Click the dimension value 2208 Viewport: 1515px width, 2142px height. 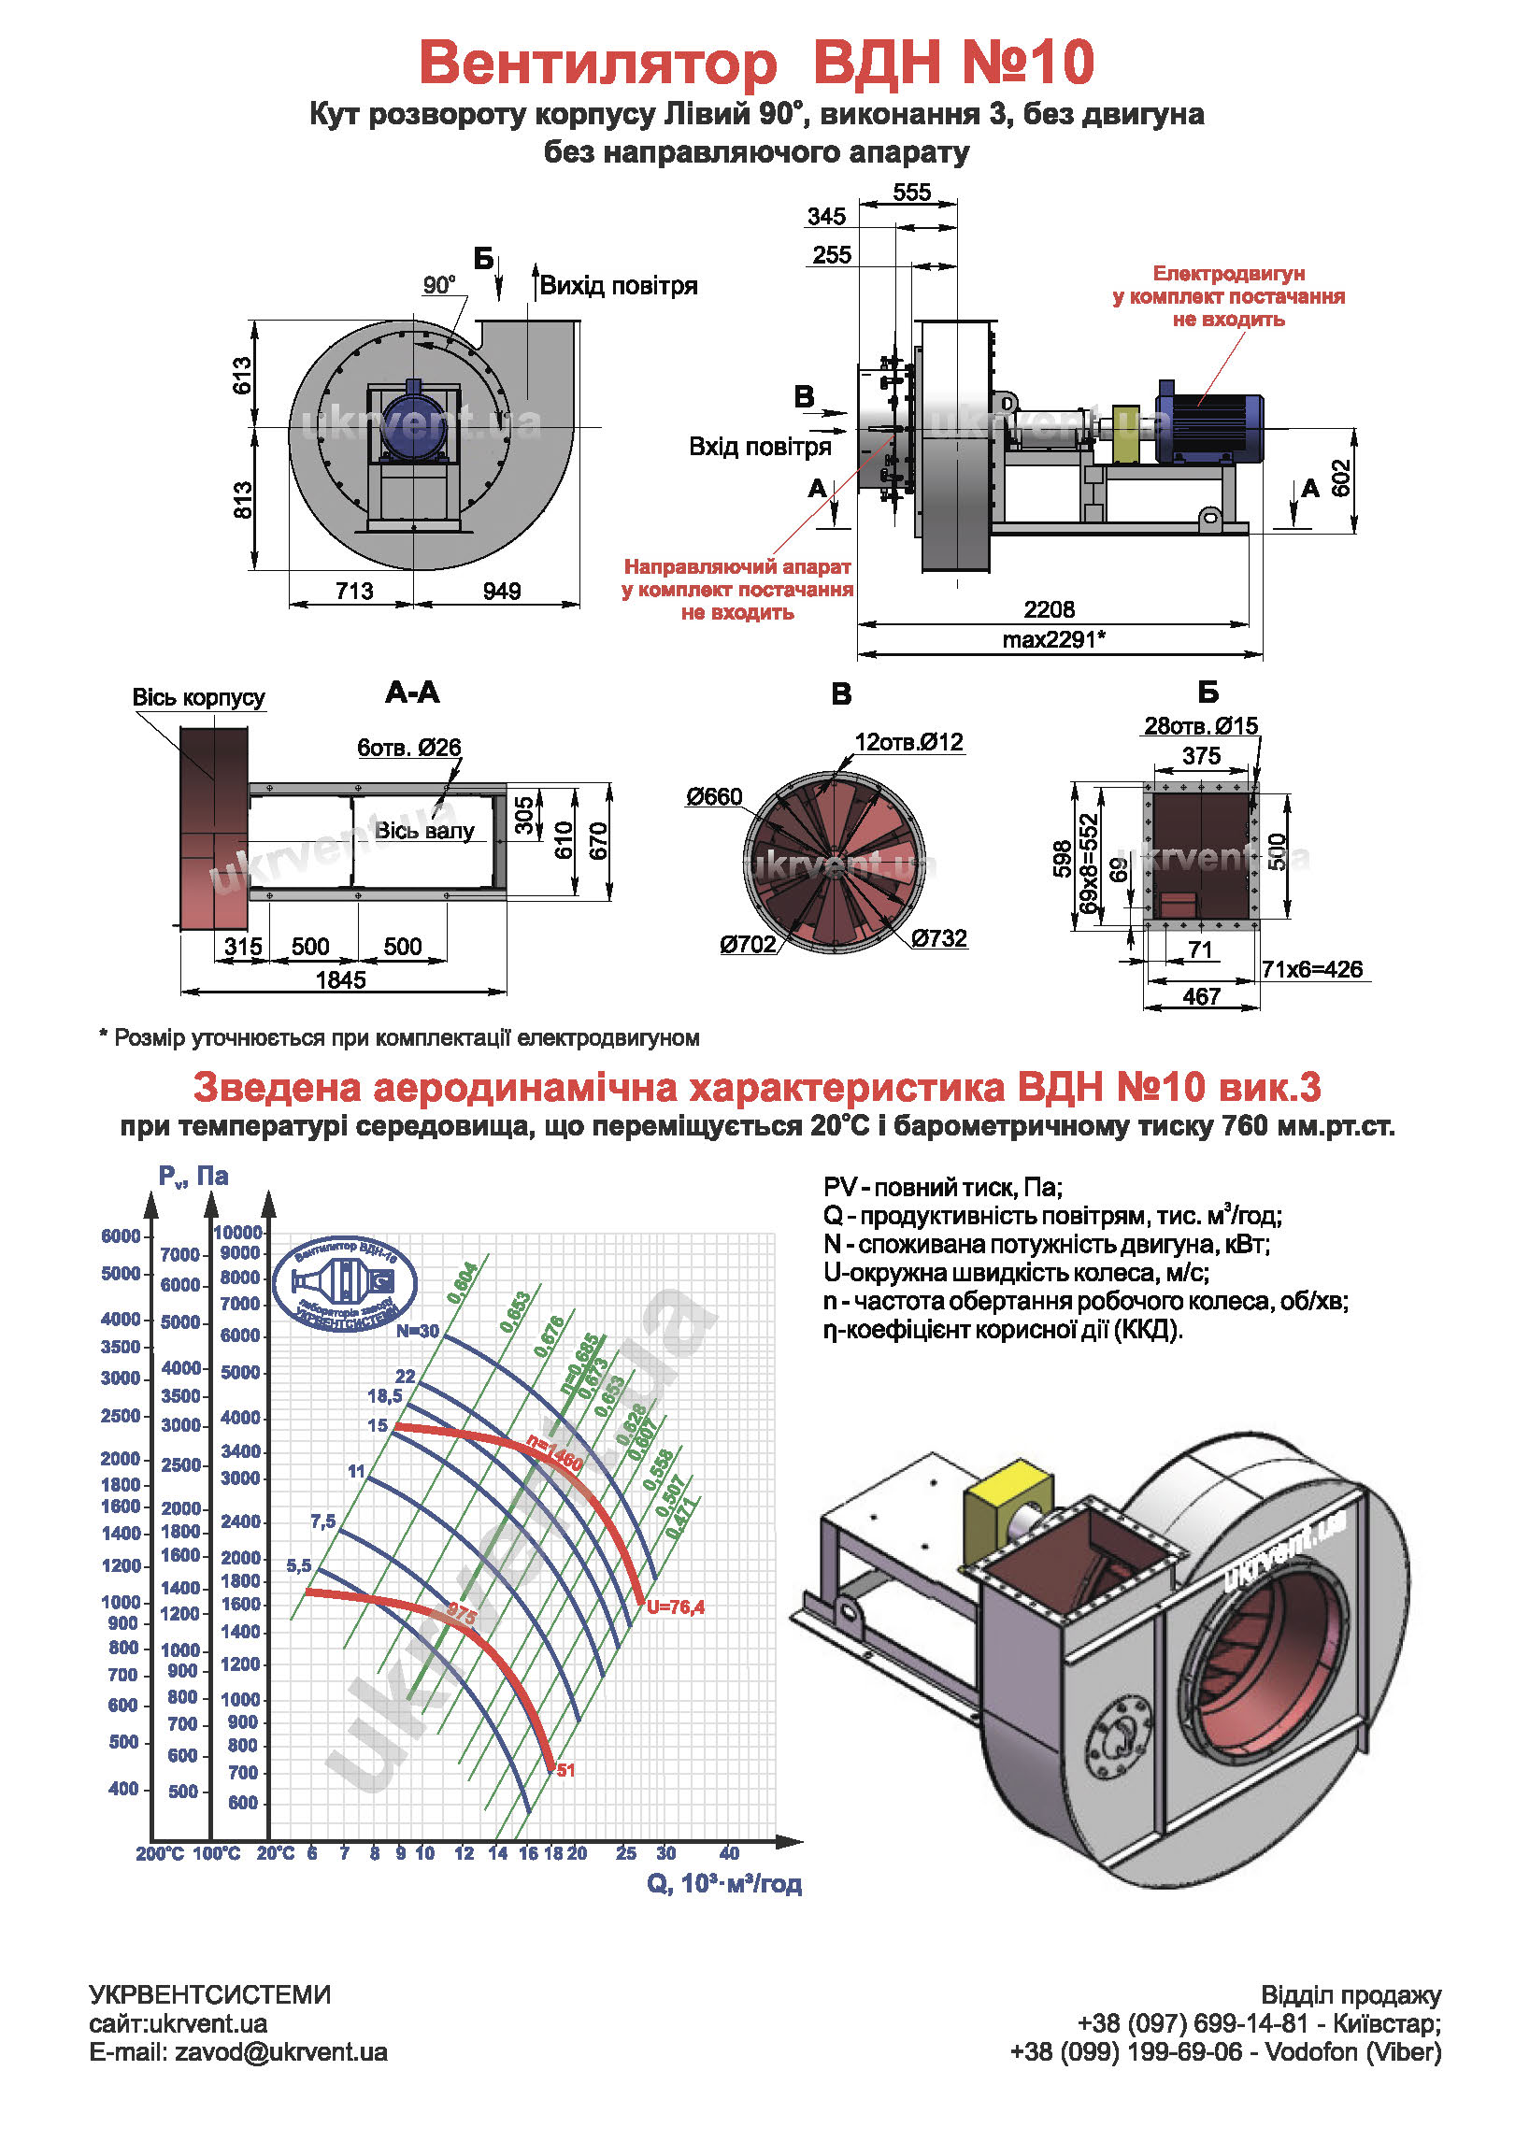pos(1049,609)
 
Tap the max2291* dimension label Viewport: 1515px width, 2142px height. pos(1053,640)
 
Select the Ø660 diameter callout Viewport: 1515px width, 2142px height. pos(714,797)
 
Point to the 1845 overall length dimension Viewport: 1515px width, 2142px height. pos(341,979)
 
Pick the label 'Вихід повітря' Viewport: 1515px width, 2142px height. pos(619,286)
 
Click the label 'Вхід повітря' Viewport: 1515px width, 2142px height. pos(759,447)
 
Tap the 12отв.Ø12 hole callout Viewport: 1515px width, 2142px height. pos(908,742)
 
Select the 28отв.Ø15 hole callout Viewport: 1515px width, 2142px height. pos(1201,726)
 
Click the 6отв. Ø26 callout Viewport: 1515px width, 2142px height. pos(409,748)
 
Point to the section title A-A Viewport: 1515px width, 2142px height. pos(412,693)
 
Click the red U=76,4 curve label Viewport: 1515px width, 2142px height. pos(675,1607)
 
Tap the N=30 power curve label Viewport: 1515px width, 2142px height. pos(417,1331)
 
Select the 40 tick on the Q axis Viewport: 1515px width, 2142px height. pos(729,1852)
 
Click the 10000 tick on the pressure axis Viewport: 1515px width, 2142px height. pos(238,1233)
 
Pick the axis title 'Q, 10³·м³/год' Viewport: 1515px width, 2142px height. pos(724,1883)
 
